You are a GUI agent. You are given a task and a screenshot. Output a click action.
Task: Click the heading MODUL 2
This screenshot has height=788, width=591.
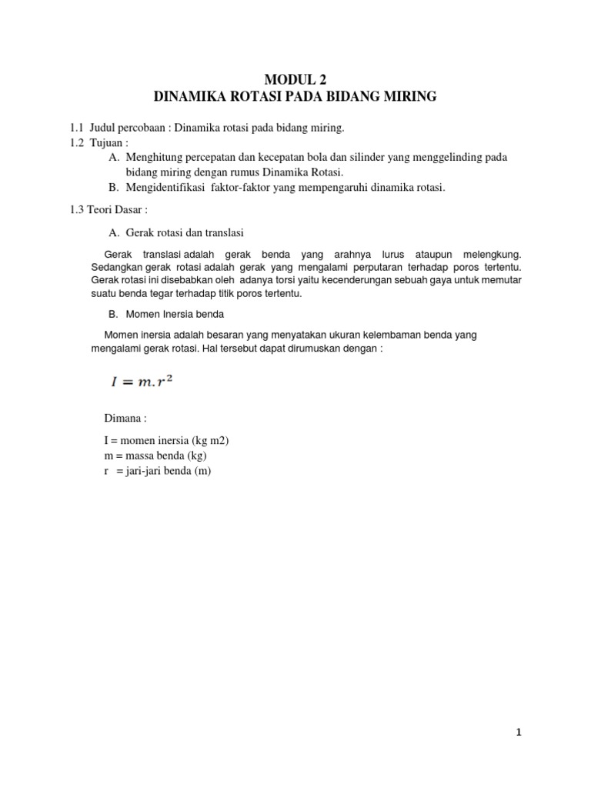click(295, 79)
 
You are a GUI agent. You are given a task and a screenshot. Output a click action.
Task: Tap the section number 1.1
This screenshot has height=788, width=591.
click(76, 126)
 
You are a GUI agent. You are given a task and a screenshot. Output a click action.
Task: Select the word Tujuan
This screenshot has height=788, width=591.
click(105, 142)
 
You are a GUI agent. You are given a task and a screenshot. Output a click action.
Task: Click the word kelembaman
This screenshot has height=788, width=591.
click(376, 336)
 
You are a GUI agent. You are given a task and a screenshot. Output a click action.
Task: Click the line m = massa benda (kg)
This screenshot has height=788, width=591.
click(155, 456)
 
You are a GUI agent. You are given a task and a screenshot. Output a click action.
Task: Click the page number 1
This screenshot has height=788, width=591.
click(519, 733)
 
